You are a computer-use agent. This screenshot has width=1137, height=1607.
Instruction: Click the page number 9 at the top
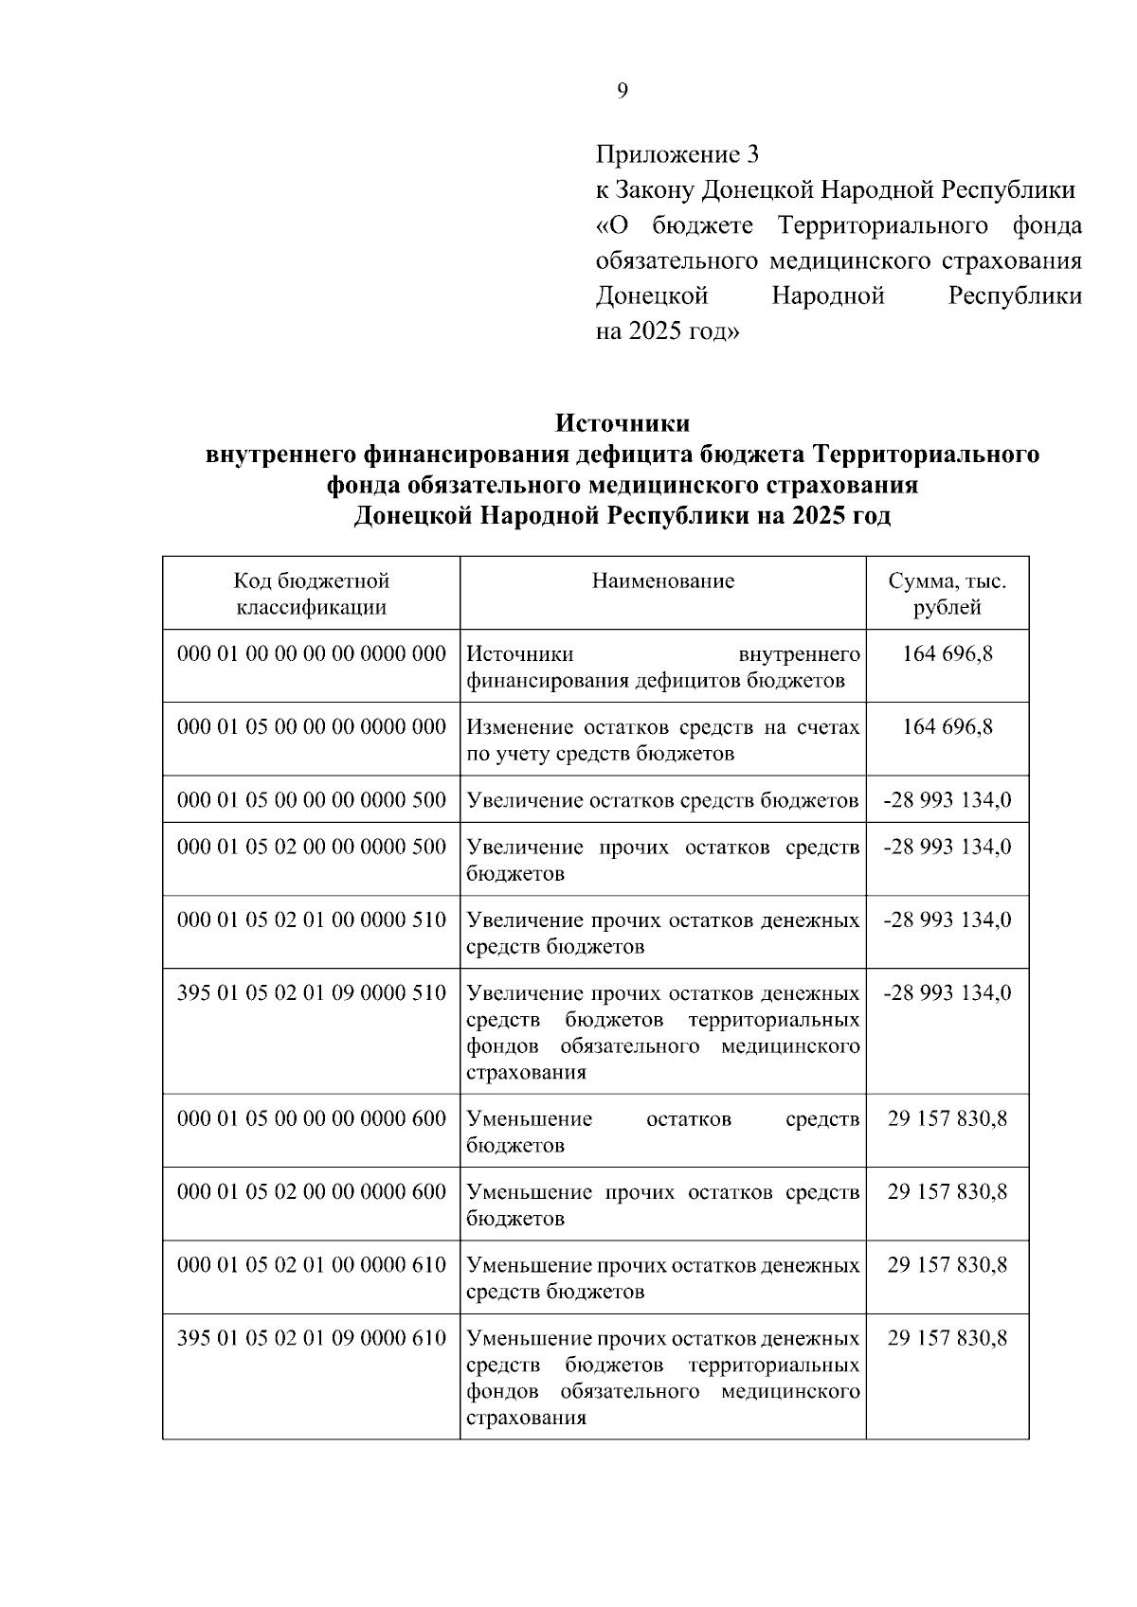click(x=622, y=91)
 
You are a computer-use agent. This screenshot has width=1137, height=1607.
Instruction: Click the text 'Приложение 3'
click(x=677, y=153)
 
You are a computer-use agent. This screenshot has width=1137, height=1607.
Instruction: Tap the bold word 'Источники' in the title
click(x=622, y=422)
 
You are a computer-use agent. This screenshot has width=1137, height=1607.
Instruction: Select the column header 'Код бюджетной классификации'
click(x=311, y=594)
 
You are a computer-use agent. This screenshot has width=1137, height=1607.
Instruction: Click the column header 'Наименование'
click(x=662, y=580)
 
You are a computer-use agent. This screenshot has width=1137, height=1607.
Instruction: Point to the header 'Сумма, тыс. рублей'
click(x=947, y=594)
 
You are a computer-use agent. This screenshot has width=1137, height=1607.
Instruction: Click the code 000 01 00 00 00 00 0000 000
click(x=311, y=654)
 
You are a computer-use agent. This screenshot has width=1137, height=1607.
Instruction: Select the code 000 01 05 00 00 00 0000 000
click(x=311, y=727)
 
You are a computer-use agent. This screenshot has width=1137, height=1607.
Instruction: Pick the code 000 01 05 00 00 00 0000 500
click(x=311, y=800)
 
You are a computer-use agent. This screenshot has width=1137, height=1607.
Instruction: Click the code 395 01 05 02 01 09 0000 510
click(x=311, y=993)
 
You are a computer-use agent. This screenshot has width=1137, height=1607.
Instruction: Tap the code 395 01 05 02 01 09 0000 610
click(x=311, y=1338)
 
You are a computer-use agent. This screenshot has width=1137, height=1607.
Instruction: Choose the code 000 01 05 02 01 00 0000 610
click(x=311, y=1265)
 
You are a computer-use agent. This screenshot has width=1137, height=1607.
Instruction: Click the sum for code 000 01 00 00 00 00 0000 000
click(x=947, y=654)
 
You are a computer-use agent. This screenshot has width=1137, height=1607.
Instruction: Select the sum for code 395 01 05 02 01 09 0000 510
click(x=947, y=993)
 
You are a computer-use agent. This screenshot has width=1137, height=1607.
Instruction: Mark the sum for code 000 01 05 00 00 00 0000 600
click(x=947, y=1119)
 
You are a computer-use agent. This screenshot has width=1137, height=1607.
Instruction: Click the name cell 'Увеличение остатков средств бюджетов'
click(x=662, y=801)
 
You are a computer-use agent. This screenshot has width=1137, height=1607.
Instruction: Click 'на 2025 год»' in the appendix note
click(x=667, y=332)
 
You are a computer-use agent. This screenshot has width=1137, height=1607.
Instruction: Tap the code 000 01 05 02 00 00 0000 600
click(x=311, y=1192)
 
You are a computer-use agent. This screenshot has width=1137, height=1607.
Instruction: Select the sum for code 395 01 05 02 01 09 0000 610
click(x=947, y=1338)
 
